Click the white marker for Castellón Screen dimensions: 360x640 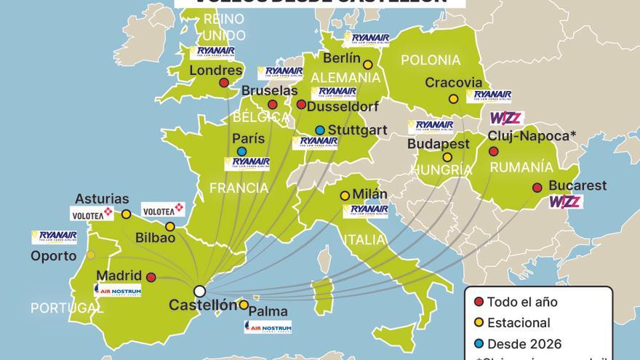click(199, 291)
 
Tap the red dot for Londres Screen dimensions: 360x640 click(224, 83)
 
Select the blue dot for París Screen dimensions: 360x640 click(241, 151)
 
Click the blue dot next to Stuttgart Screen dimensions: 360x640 click(320, 130)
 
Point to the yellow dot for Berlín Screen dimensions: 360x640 click(368, 65)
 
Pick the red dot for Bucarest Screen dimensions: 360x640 click(537, 187)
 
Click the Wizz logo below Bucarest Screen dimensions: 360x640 click(565, 202)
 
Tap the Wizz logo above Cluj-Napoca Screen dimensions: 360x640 click(507, 118)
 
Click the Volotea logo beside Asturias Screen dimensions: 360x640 click(92, 213)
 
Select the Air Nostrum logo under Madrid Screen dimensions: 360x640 click(117, 289)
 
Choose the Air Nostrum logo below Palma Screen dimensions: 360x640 click(267, 327)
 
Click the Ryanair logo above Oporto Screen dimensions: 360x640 click(54, 236)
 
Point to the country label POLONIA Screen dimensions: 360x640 click(431, 60)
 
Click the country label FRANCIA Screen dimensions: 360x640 click(239, 188)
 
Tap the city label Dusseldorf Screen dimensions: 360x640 click(343, 106)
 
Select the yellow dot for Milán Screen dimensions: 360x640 click(345, 195)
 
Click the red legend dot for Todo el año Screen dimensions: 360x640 click(478, 302)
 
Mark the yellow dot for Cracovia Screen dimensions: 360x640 click(453, 99)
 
